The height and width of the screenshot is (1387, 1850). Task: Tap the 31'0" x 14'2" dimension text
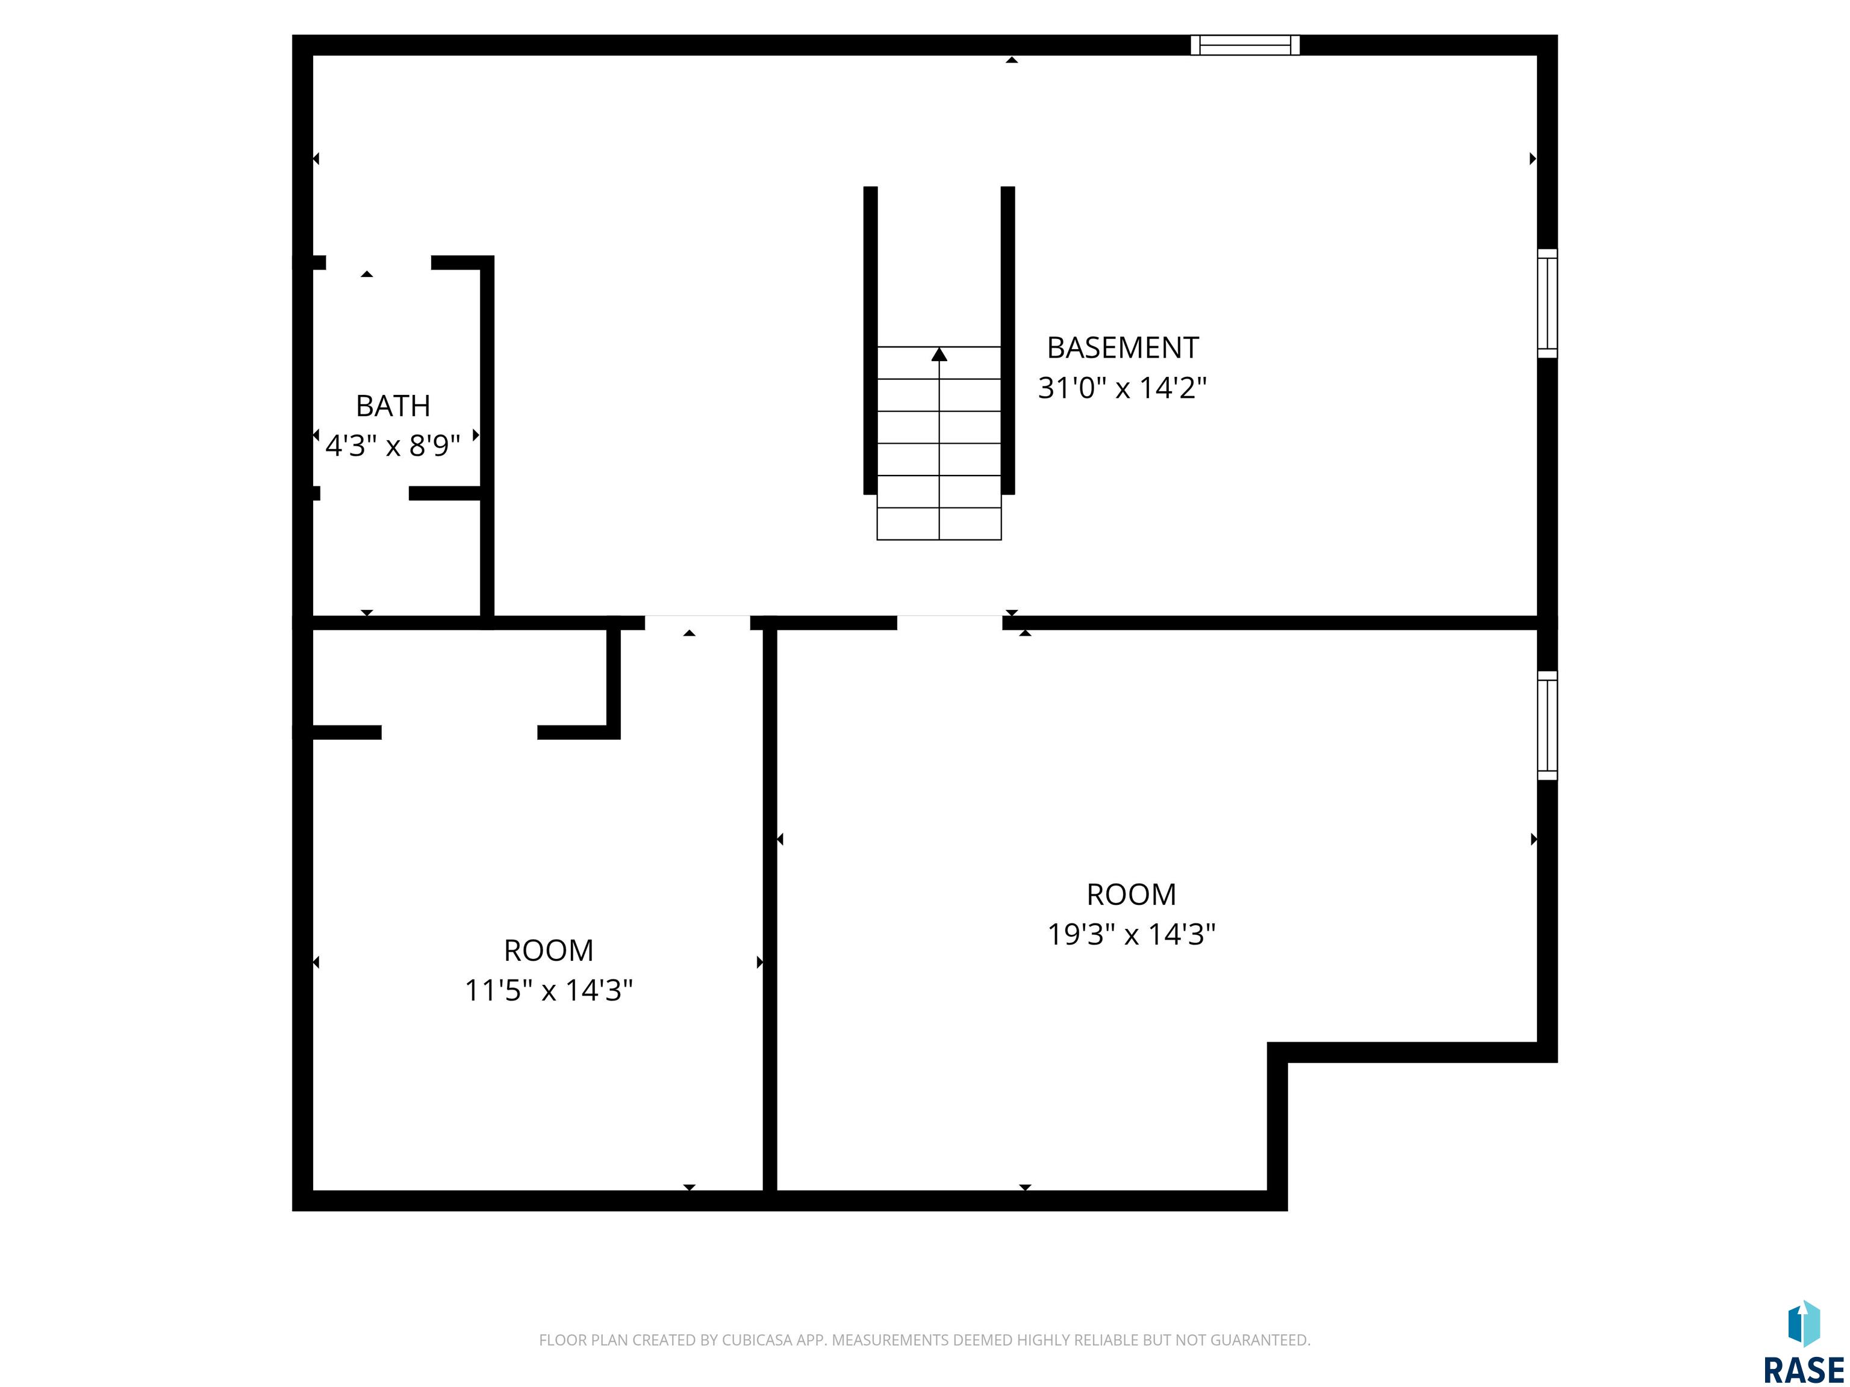1123,388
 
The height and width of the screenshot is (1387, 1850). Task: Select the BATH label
393,406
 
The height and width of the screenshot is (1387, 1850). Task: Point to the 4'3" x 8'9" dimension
393,445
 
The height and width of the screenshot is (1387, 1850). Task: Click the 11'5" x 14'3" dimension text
549,990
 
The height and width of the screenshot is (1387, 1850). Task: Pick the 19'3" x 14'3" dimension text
1132,934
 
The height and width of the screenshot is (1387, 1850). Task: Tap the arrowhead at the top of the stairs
939,355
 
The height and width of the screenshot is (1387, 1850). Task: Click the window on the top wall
1245,45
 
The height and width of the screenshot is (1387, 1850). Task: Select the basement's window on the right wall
1547,303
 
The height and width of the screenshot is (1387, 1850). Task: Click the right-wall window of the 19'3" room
1547,725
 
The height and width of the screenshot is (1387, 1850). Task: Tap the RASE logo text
1804,1370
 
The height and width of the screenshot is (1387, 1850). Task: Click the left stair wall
871,340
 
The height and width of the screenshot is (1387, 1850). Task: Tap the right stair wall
1008,340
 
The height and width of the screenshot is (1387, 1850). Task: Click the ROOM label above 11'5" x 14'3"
549,950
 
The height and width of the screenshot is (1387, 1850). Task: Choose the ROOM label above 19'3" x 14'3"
1132,895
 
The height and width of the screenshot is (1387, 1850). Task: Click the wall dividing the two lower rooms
770,910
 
